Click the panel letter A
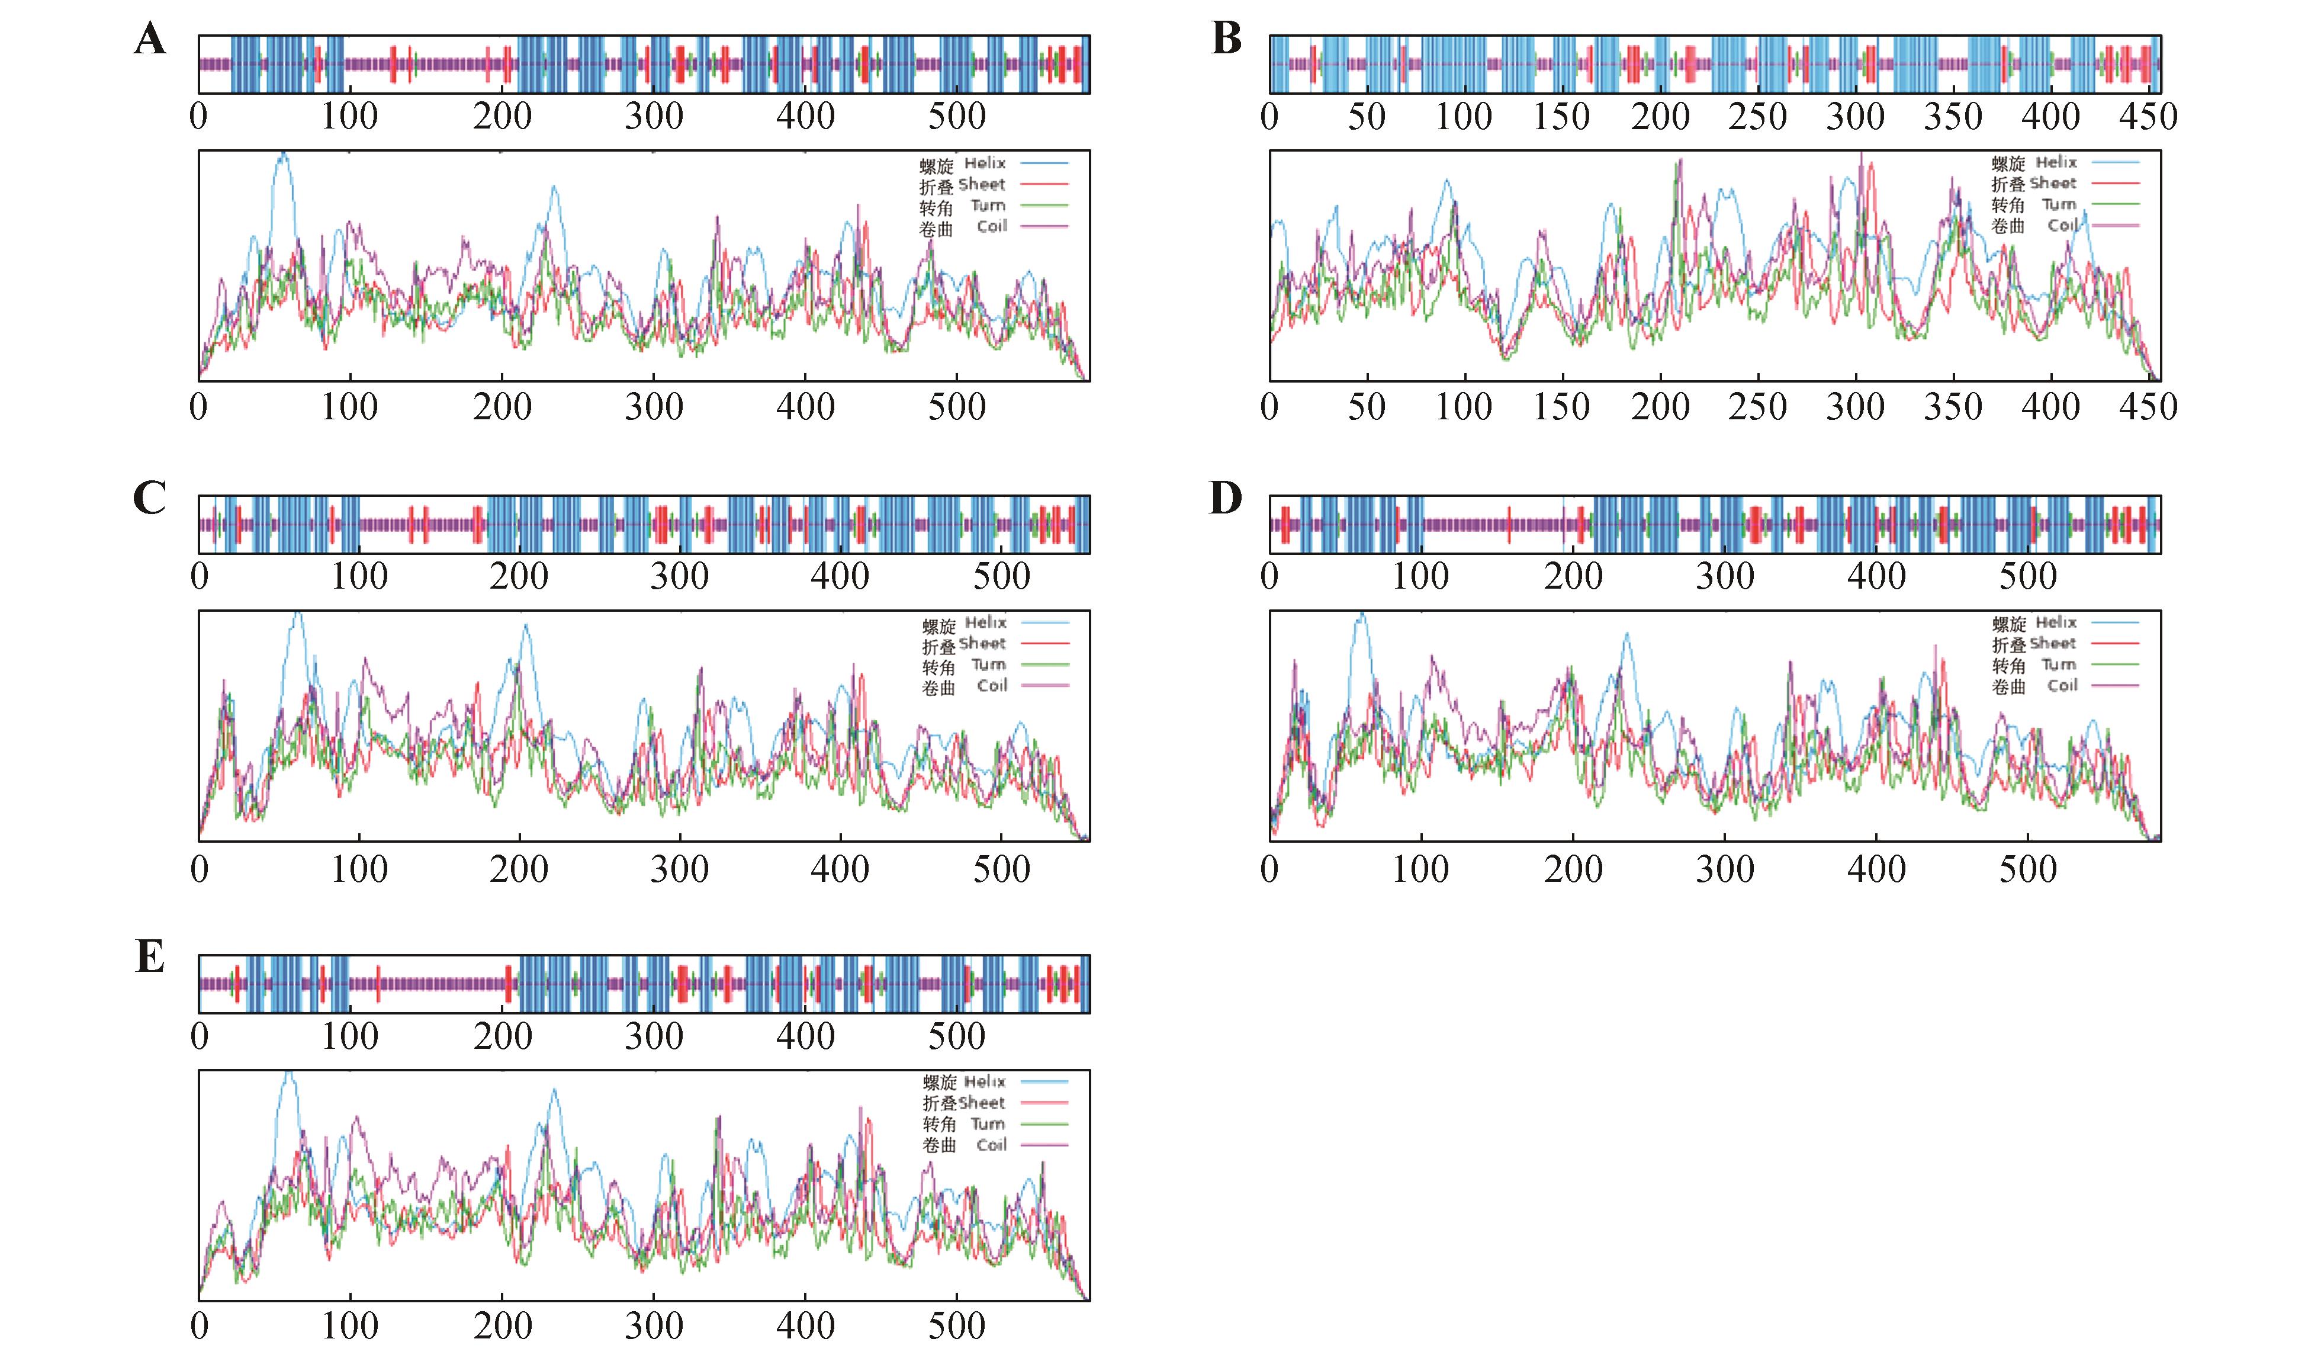tap(150, 40)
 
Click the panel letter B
tap(1226, 39)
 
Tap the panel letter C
tap(150, 498)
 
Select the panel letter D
tap(1226, 498)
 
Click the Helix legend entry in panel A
tap(985, 163)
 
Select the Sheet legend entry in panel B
tap(2052, 184)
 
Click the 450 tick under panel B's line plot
tap(2148, 407)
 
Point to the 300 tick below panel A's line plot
tap(654, 407)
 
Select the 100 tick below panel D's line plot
tap(1420, 869)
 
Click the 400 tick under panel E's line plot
tap(805, 1327)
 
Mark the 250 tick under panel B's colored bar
tap(1757, 117)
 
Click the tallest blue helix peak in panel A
tap(282, 155)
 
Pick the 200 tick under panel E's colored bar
tap(503, 1036)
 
